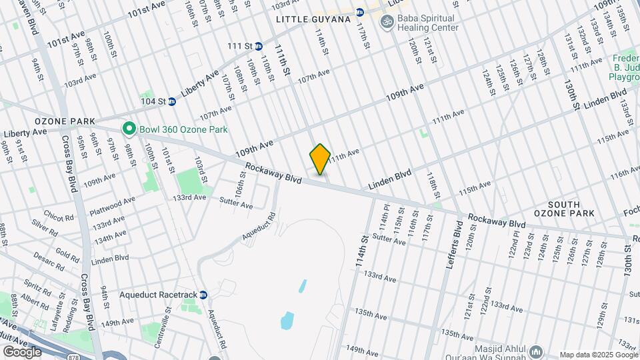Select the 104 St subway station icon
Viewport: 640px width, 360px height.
click(x=171, y=101)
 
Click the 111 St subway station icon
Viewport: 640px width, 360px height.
click(x=258, y=46)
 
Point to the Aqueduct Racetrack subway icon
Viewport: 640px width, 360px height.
click(x=204, y=295)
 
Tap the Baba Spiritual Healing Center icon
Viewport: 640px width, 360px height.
click(x=385, y=23)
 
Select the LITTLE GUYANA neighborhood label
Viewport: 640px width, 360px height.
click(x=313, y=19)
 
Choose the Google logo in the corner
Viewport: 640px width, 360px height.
click(x=22, y=351)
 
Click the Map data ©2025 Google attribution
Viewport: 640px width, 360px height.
click(x=598, y=355)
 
